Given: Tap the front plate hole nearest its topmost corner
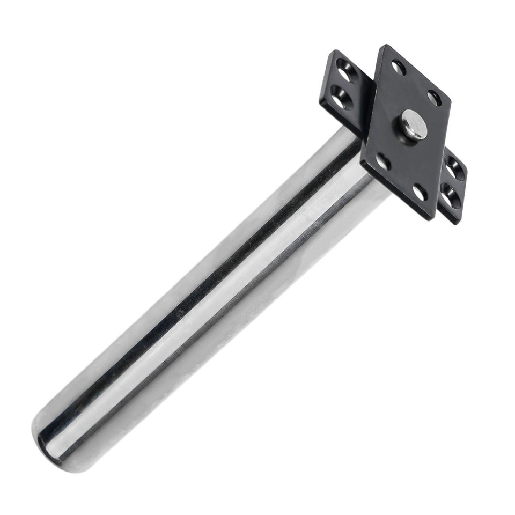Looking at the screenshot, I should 399,68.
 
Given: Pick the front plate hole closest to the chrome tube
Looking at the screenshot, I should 383,161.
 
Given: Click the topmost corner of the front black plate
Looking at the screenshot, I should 384,46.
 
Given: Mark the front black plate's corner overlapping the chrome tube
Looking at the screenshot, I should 362,161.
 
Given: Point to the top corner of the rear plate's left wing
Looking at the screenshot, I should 334,51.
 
